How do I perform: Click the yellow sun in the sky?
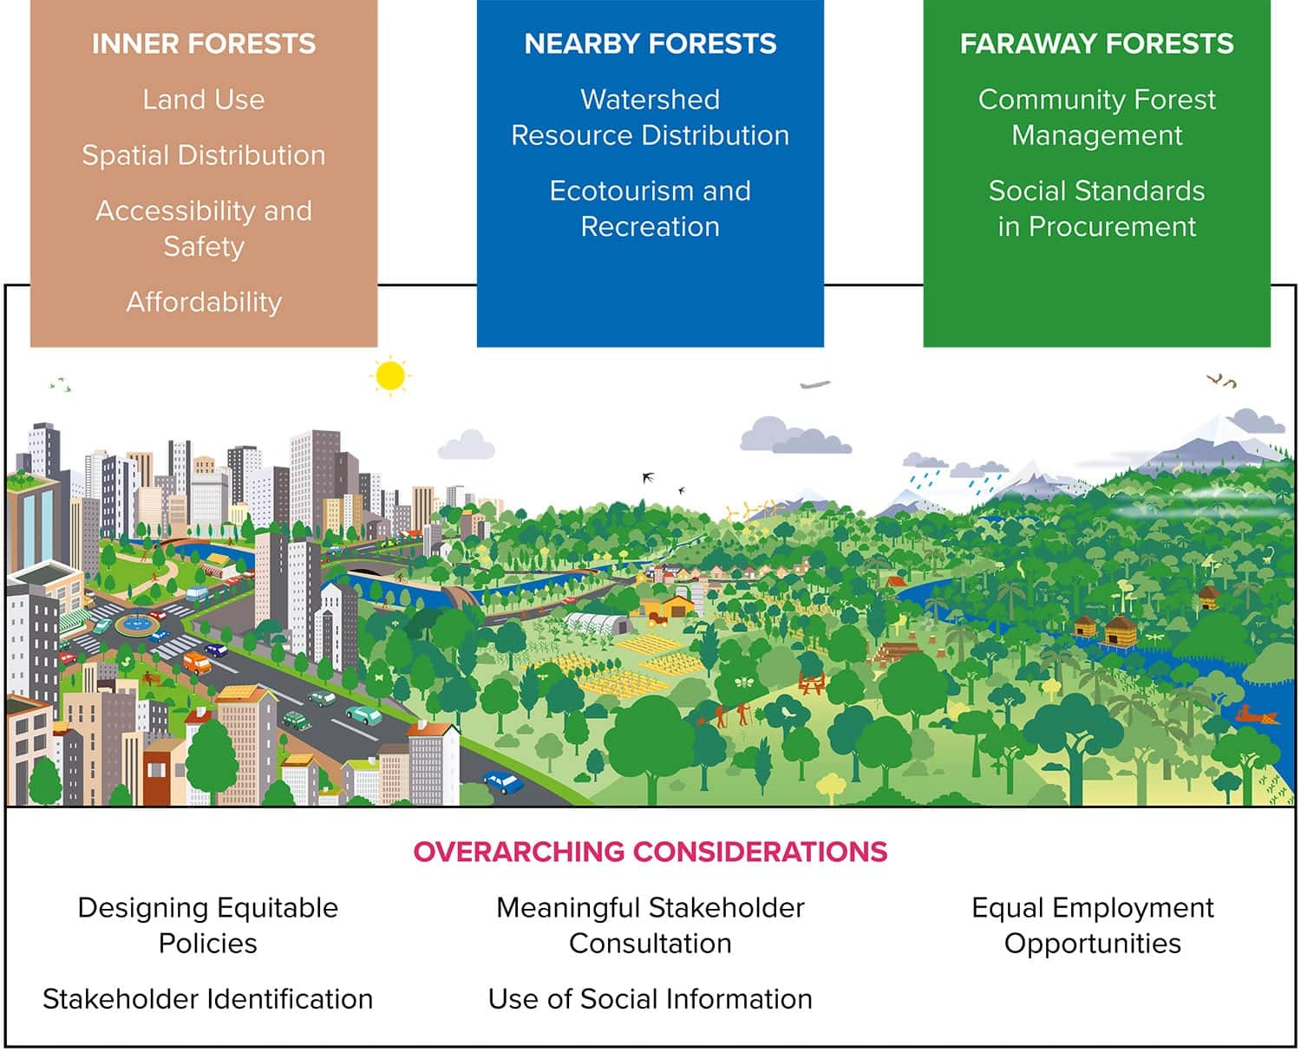(390, 375)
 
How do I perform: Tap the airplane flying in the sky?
(815, 384)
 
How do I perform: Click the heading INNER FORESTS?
(204, 44)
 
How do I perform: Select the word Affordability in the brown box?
(204, 302)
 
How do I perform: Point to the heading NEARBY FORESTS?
(650, 44)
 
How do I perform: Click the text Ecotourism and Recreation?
(650, 209)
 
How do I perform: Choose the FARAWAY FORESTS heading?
(1097, 44)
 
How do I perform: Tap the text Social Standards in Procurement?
(1097, 209)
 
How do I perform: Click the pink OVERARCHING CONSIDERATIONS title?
(650, 852)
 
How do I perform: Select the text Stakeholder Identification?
(207, 999)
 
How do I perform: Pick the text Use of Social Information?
(650, 999)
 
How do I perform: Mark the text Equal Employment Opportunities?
(1093, 925)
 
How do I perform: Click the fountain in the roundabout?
(137, 622)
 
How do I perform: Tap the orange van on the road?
(197, 662)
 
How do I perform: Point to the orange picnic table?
(812, 683)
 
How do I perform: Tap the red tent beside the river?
(895, 581)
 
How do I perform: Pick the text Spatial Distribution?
(204, 155)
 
